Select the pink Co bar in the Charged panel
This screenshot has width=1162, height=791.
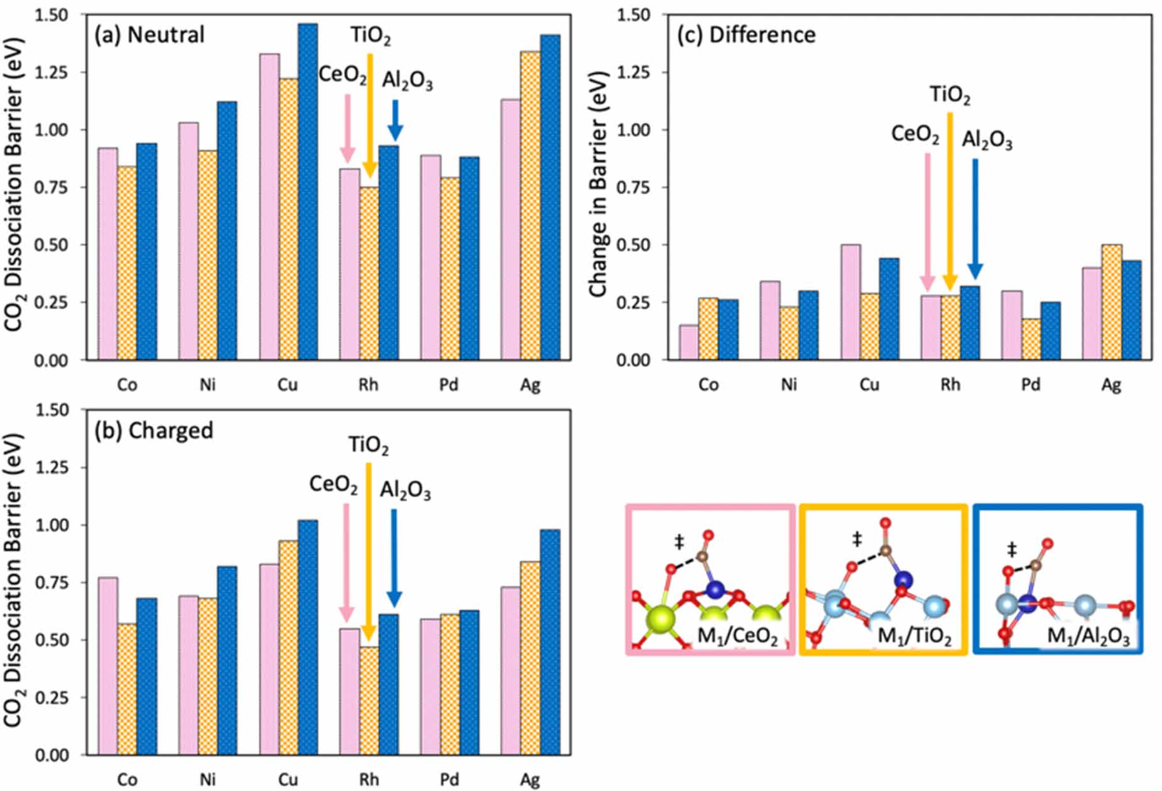(108, 666)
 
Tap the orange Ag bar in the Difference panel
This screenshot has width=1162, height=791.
(1112, 302)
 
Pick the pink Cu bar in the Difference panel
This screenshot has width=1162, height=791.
(851, 302)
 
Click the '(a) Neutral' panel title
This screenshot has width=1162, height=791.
(149, 35)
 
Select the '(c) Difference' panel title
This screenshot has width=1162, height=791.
(746, 35)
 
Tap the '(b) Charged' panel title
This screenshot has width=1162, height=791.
(154, 430)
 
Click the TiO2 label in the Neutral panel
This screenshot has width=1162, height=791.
(371, 36)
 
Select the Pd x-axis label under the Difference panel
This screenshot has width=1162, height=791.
(1031, 385)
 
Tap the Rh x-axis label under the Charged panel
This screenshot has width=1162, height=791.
(369, 780)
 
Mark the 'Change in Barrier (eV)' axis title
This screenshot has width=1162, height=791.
(598, 184)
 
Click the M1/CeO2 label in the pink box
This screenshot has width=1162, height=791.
(737, 636)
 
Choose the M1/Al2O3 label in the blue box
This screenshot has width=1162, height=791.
(1088, 636)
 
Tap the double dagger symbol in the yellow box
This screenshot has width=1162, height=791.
(857, 538)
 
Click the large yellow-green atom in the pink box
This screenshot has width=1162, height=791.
(661, 618)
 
